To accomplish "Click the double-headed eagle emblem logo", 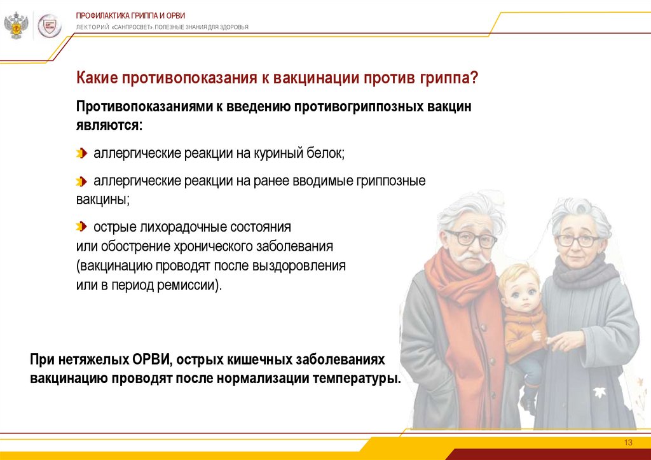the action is pos(16,25).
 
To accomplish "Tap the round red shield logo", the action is pos(50,26).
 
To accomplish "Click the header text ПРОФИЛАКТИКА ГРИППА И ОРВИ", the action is pos(130,16).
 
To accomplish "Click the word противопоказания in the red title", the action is pos(189,78).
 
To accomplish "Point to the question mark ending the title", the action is pos(474,77).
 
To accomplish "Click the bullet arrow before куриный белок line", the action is pos(81,153).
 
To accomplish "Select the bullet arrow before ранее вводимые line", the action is pos(81,181).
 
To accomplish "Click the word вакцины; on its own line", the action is pos(102,200).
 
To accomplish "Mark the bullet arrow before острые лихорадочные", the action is pos(81,227).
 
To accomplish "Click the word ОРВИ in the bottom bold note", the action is pos(151,359).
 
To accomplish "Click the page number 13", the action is pos(628,443).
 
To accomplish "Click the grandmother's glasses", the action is pos(578,240).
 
